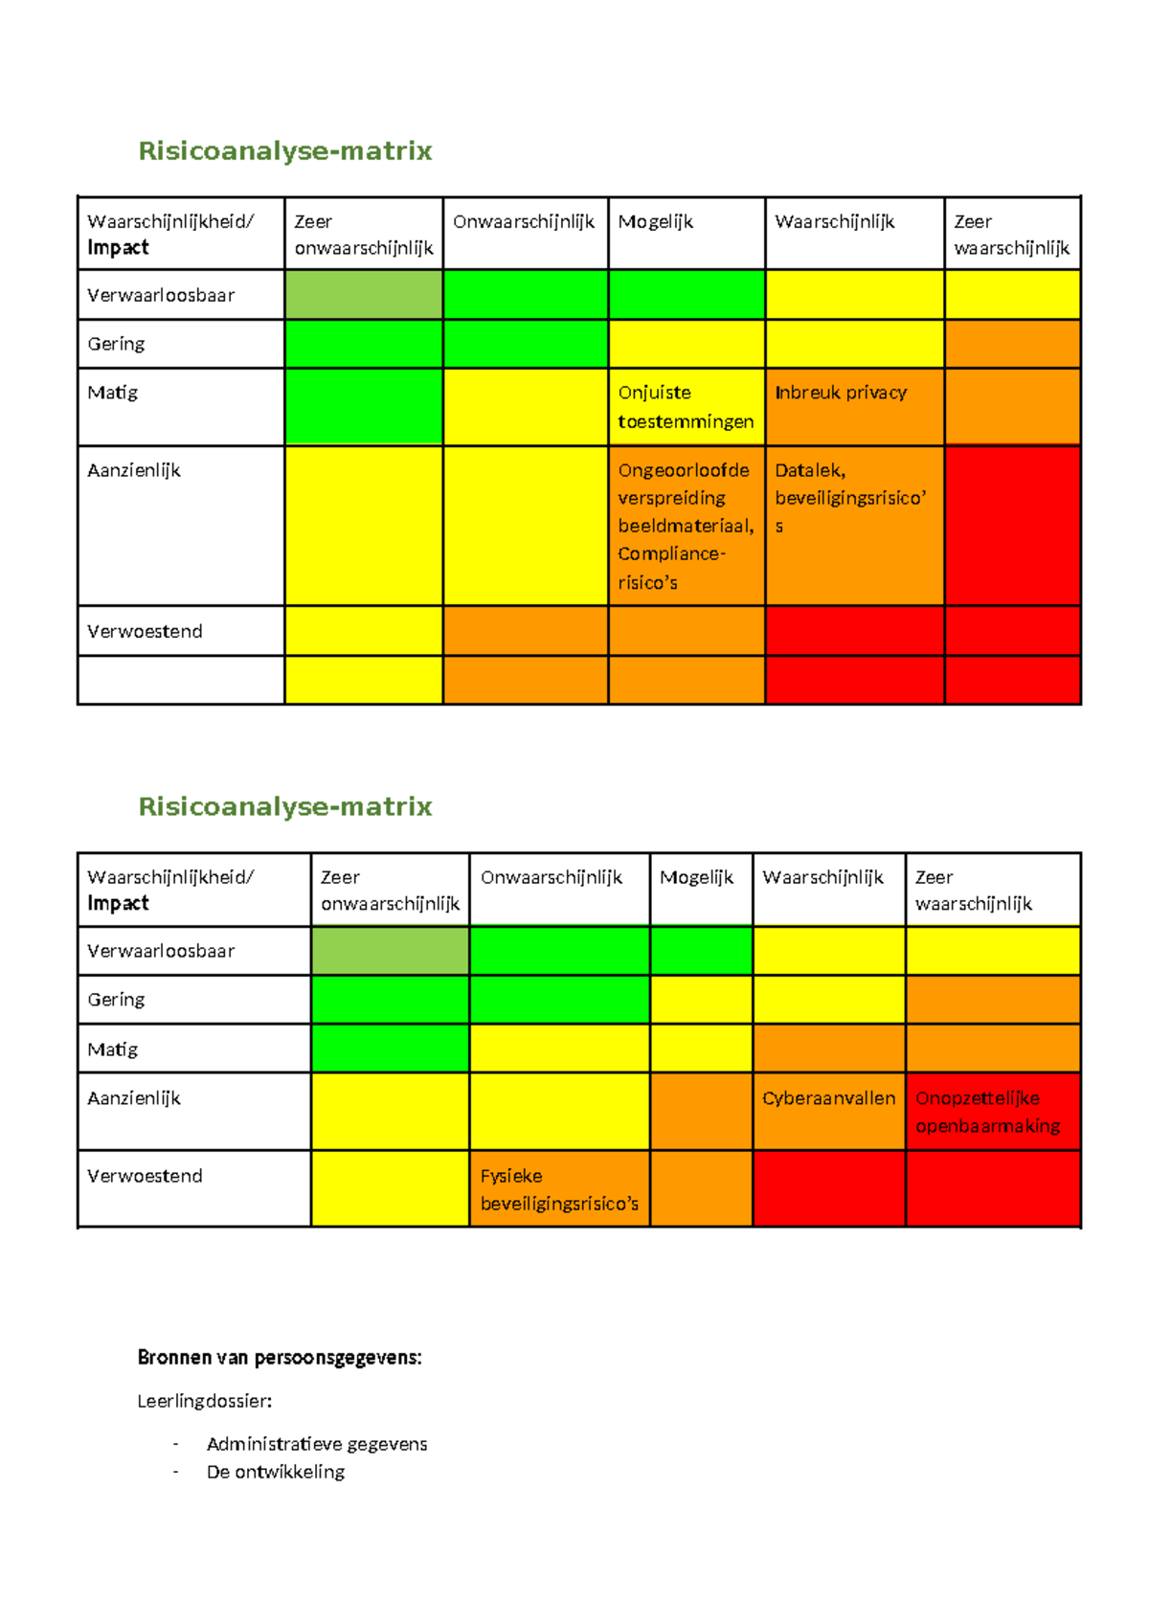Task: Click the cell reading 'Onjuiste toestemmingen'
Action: [686, 407]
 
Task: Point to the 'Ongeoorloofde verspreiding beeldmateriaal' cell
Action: [686, 525]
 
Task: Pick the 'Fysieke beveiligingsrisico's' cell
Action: [559, 1189]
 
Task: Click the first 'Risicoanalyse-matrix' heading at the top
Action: [285, 151]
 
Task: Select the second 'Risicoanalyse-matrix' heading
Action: [285, 806]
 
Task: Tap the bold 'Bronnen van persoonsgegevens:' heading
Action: [280, 1357]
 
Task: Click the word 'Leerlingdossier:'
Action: [205, 1401]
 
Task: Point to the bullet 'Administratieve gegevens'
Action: [317, 1444]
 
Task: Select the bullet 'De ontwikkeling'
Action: [276, 1472]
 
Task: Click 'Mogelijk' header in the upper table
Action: [656, 222]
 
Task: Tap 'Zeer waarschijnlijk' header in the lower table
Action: [973, 891]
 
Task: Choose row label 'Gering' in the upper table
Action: [116, 344]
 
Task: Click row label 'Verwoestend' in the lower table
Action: [145, 1176]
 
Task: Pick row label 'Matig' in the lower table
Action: [113, 1049]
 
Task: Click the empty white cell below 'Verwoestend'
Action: [180, 680]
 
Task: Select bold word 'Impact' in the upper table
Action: [118, 248]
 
